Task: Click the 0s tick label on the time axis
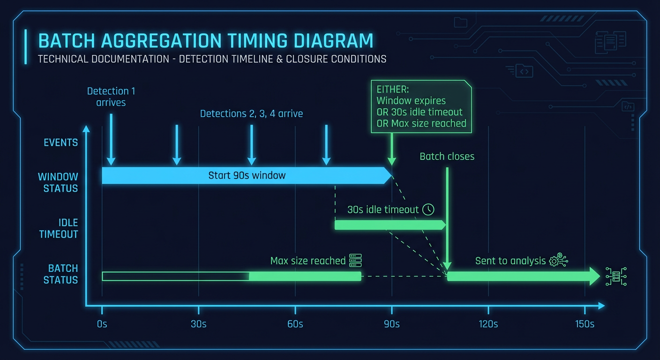(102, 324)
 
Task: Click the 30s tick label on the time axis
(198, 324)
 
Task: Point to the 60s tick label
(295, 324)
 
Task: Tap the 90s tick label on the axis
(391, 324)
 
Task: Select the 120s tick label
(488, 324)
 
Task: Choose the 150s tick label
(585, 324)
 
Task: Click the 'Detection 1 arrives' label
(111, 97)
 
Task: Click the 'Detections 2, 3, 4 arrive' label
(251, 113)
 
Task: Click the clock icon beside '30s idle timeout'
(428, 210)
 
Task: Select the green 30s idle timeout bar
(389, 225)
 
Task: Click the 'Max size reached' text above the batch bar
(307, 261)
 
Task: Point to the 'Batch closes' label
(447, 157)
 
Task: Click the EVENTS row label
(60, 142)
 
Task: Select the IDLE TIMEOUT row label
(59, 228)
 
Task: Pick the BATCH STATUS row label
(60, 274)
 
